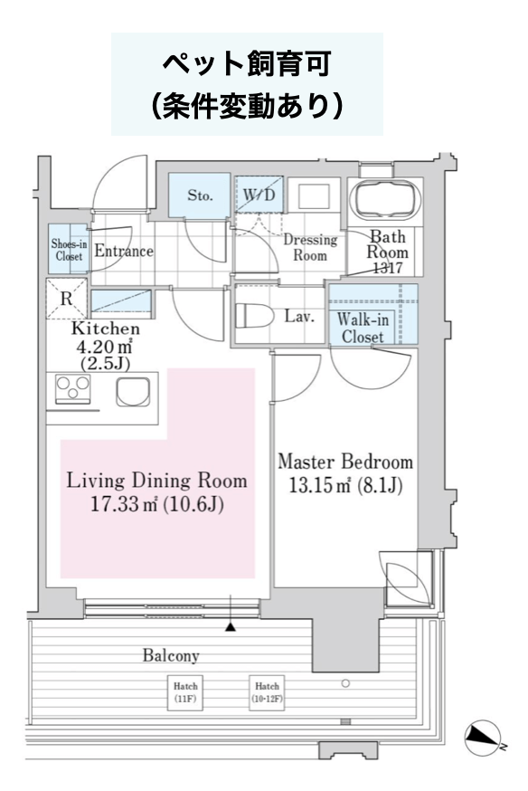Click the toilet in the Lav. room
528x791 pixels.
point(254,316)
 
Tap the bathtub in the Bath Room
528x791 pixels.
point(387,199)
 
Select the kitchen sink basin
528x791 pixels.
point(133,392)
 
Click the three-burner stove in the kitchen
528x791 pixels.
point(73,389)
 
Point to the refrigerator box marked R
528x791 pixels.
point(67,299)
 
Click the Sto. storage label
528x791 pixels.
point(200,195)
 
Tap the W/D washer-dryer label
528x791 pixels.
point(259,195)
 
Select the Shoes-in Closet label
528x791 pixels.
point(69,250)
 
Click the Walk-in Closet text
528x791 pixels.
point(363,328)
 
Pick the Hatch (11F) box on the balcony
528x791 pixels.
point(185,692)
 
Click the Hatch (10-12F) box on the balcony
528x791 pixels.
point(267,692)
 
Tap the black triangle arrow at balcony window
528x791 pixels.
point(231,627)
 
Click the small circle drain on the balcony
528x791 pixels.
point(345,683)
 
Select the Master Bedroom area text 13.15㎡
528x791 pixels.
point(312,486)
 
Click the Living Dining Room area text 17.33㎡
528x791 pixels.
point(126,504)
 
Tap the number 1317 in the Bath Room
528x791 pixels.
point(388,267)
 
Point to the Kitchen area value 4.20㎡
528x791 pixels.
point(104,347)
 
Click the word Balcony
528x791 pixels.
point(171,655)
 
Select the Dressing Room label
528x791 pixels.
point(310,247)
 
